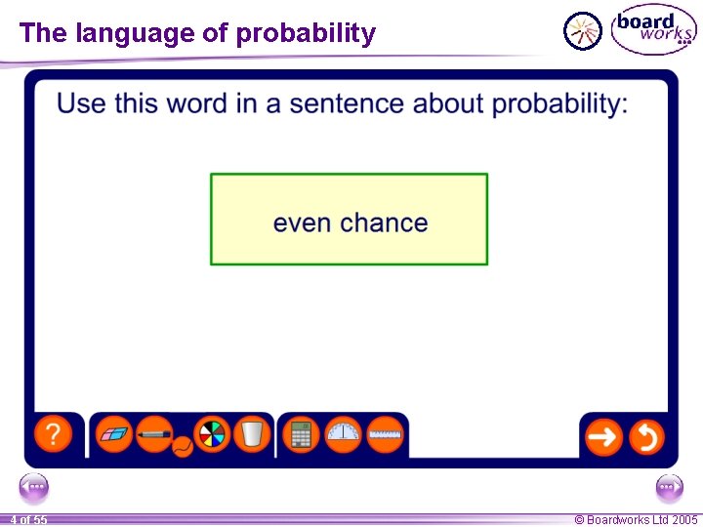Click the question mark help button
[53, 434]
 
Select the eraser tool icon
[116, 434]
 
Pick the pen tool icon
[154, 434]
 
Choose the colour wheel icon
[211, 434]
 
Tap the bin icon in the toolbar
[252, 434]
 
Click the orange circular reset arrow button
[646, 436]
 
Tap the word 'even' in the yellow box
[302, 223]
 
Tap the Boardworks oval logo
[652, 29]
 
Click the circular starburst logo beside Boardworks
[584, 31]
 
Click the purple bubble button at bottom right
[669, 487]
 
